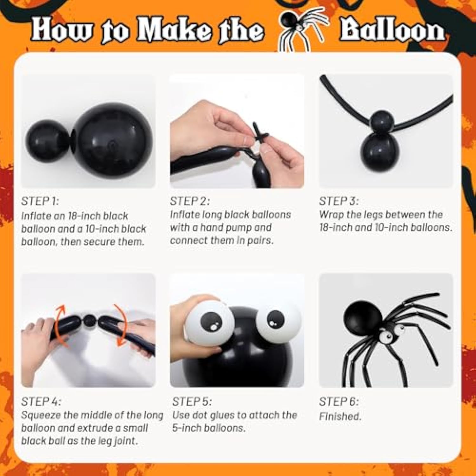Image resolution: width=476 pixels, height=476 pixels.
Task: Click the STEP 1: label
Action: [x=40, y=201]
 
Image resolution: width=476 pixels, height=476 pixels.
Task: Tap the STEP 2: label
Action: [x=189, y=201]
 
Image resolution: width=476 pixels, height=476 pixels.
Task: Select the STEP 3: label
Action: [x=339, y=201]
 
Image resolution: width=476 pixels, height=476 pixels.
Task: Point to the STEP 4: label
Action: [x=41, y=402]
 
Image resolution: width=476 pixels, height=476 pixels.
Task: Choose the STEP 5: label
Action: [x=192, y=402]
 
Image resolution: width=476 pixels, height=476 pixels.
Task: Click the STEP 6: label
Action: [x=339, y=402]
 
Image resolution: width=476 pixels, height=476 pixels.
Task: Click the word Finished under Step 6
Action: [x=340, y=416]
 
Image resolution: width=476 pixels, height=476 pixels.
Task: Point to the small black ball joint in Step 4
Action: [x=90, y=321]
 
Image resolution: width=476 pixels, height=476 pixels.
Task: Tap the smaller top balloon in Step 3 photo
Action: [x=382, y=121]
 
